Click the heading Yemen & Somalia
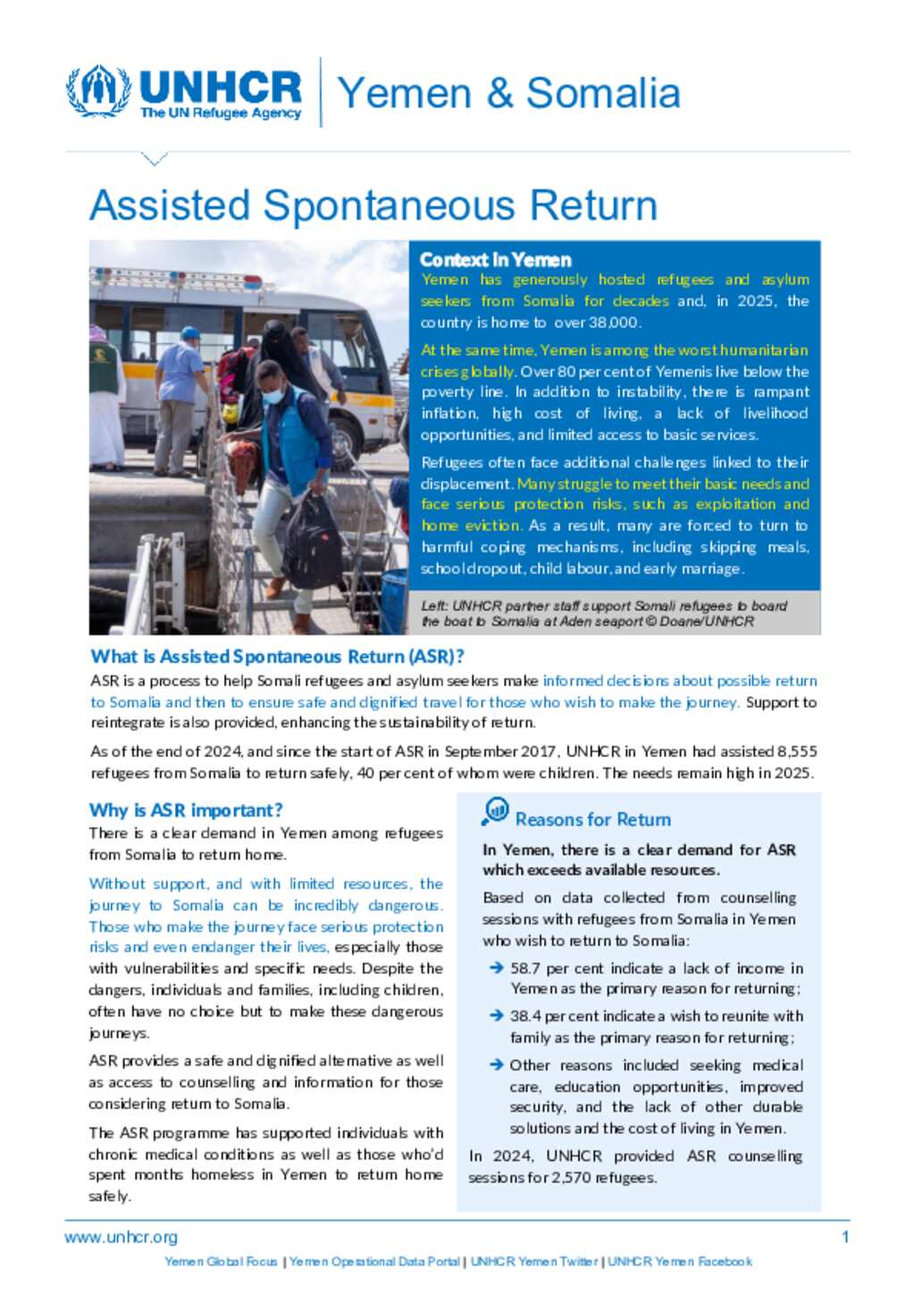tap(508, 93)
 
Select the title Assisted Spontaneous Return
tap(374, 206)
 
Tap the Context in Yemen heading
tap(495, 260)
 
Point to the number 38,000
tap(610, 323)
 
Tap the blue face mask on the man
tap(273, 394)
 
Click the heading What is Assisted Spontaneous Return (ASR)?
tap(277, 657)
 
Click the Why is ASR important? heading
tap(186, 811)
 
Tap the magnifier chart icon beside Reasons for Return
tap(495, 811)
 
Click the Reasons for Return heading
tap(592, 820)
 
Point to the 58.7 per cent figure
tap(526, 968)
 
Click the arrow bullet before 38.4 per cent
tap(496, 1016)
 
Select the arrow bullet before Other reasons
tap(496, 1065)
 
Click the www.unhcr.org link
tap(121, 1238)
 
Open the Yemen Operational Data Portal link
tap(374, 1262)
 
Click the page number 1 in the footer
tap(845, 1238)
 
